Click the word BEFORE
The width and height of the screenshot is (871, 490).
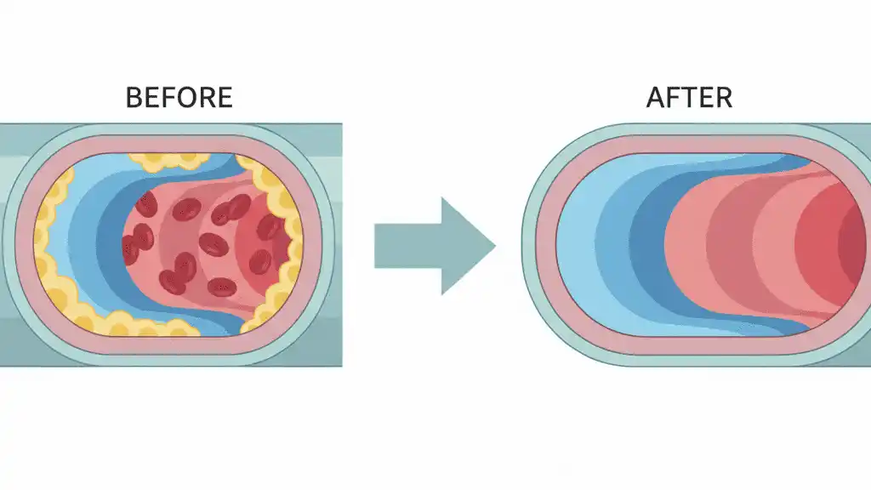[179, 98]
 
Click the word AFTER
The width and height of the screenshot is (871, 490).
[689, 98]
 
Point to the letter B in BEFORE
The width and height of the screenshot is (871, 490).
[134, 98]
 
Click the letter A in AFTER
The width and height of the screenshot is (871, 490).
[657, 98]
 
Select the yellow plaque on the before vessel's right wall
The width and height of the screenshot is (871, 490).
[285, 247]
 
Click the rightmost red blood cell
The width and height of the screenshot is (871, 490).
[270, 227]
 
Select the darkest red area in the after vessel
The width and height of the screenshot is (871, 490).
[855, 247]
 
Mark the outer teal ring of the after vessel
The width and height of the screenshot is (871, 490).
[529, 247]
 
